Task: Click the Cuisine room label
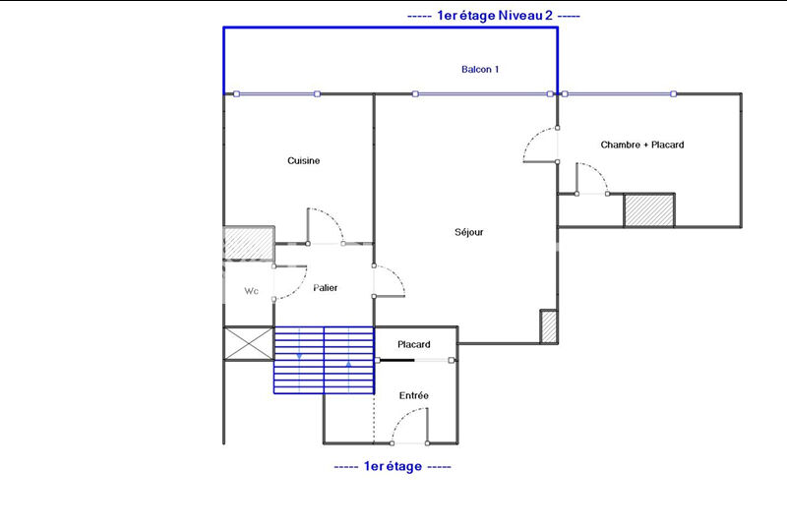(303, 160)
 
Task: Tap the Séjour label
(469, 232)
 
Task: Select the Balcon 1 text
(480, 69)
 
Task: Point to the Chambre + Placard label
(642, 145)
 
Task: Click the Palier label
(326, 287)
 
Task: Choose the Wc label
(251, 291)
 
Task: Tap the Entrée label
(413, 395)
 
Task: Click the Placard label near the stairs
(413, 344)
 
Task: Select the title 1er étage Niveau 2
(495, 16)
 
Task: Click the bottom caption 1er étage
(393, 466)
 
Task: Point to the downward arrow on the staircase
(299, 356)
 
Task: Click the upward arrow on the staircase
(349, 364)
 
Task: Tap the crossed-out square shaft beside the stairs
(249, 344)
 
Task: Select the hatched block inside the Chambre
(649, 210)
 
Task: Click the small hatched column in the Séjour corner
(549, 326)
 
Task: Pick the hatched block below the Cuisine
(249, 244)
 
